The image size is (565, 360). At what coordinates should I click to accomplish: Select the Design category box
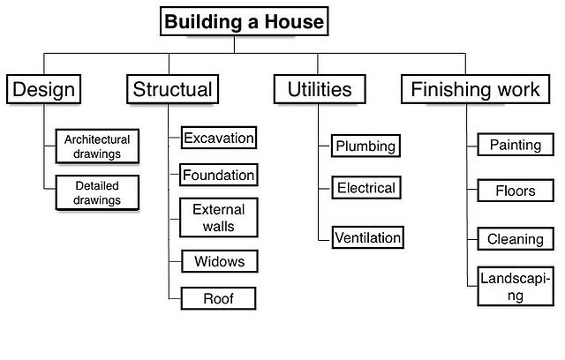point(43,89)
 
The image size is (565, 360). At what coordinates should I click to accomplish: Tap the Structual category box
point(172,89)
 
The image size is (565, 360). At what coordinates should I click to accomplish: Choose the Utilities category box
point(319,89)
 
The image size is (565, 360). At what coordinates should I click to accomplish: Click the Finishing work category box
point(476,89)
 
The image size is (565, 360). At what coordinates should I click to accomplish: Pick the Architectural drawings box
point(97,146)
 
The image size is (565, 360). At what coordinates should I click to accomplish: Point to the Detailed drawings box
point(97,193)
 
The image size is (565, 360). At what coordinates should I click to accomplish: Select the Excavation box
point(218,138)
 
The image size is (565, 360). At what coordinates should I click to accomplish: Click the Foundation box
point(218,175)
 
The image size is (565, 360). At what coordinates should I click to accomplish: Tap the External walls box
point(218,218)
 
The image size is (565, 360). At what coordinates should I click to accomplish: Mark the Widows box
point(218,262)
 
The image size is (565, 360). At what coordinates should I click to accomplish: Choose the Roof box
point(218,299)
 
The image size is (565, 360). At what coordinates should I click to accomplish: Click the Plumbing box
point(365,146)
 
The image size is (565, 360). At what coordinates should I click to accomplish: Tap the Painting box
point(515,145)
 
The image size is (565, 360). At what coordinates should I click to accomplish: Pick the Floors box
point(515,191)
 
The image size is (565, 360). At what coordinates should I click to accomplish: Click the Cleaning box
point(515,238)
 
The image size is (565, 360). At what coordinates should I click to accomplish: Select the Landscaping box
point(515,287)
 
